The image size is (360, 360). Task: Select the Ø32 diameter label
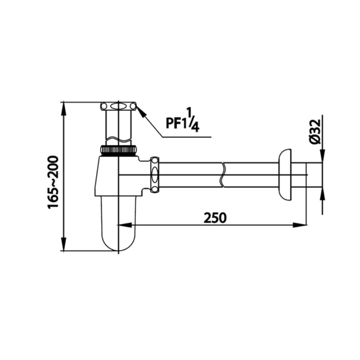[x=314, y=132]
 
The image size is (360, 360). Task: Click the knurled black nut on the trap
[x=119, y=150]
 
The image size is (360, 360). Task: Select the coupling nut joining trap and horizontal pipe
[x=154, y=175]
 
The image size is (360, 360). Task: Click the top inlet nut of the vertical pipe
[x=118, y=106]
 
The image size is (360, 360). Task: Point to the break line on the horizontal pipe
[x=223, y=175]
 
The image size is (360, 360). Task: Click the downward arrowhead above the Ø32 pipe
[x=322, y=157]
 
